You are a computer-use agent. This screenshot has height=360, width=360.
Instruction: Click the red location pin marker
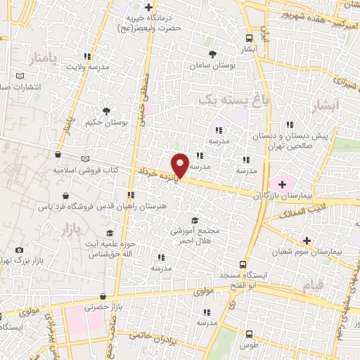[x=181, y=165]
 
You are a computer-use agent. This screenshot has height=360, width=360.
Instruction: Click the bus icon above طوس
[x=247, y=335]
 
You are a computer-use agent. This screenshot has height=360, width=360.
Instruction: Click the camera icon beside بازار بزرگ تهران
[x=18, y=250]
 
